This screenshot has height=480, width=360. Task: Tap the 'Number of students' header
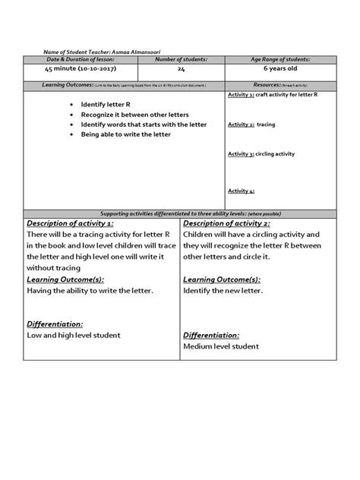pos(181,59)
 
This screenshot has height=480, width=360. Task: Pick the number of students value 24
pos(181,69)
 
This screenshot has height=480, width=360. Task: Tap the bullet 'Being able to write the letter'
pos(125,134)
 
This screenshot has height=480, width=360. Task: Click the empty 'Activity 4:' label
pos(242,191)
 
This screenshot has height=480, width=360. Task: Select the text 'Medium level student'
pos(221,346)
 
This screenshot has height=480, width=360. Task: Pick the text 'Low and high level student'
pos(74,335)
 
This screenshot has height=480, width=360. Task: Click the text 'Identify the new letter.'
pos(223,291)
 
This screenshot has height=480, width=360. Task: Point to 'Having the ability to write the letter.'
pos(90,291)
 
